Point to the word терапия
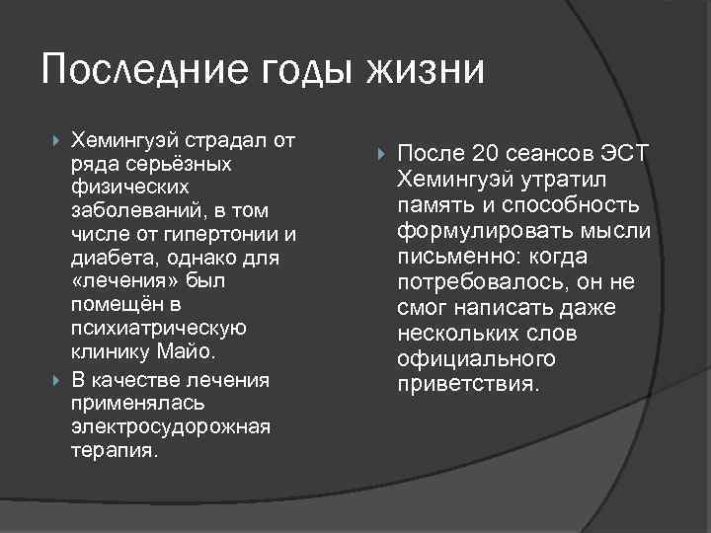pyautogui.click(x=113, y=450)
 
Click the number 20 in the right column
pyautogui.click(x=485, y=154)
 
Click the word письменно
pyautogui.click(x=458, y=257)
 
